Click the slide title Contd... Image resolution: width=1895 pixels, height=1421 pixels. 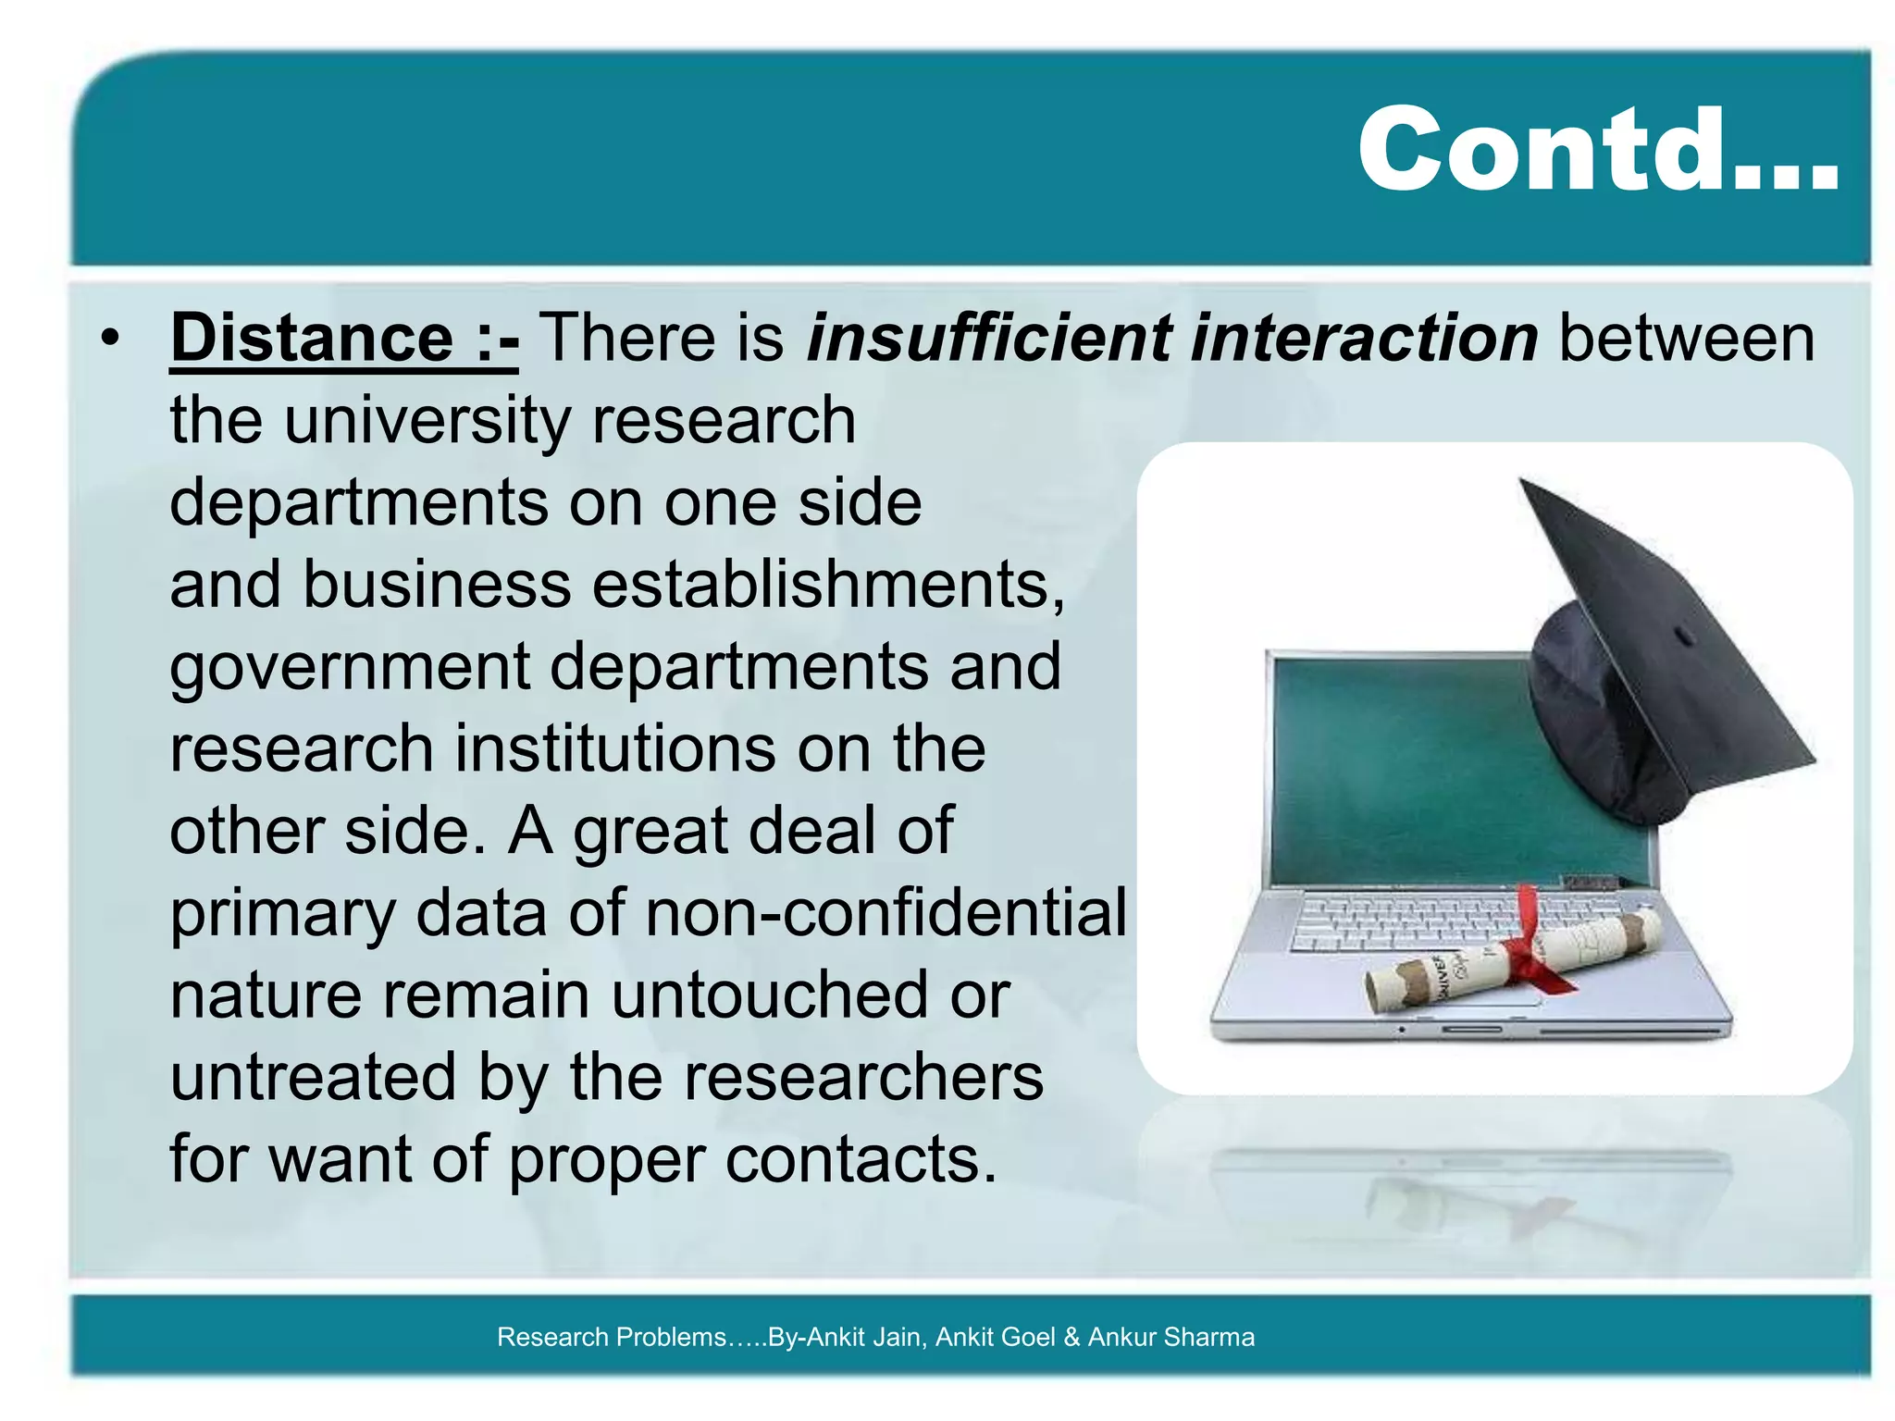pyautogui.click(x=1596, y=150)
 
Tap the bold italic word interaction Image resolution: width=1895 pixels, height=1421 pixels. pyautogui.click(x=1366, y=338)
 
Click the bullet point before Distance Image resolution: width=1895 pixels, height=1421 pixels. pyautogui.click(x=111, y=340)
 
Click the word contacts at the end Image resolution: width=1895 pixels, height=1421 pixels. pyautogui.click(x=861, y=1159)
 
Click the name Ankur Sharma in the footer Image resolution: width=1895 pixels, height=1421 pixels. pyautogui.click(x=1170, y=1337)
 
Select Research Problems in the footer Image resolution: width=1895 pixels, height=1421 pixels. pyautogui.click(x=611, y=1337)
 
